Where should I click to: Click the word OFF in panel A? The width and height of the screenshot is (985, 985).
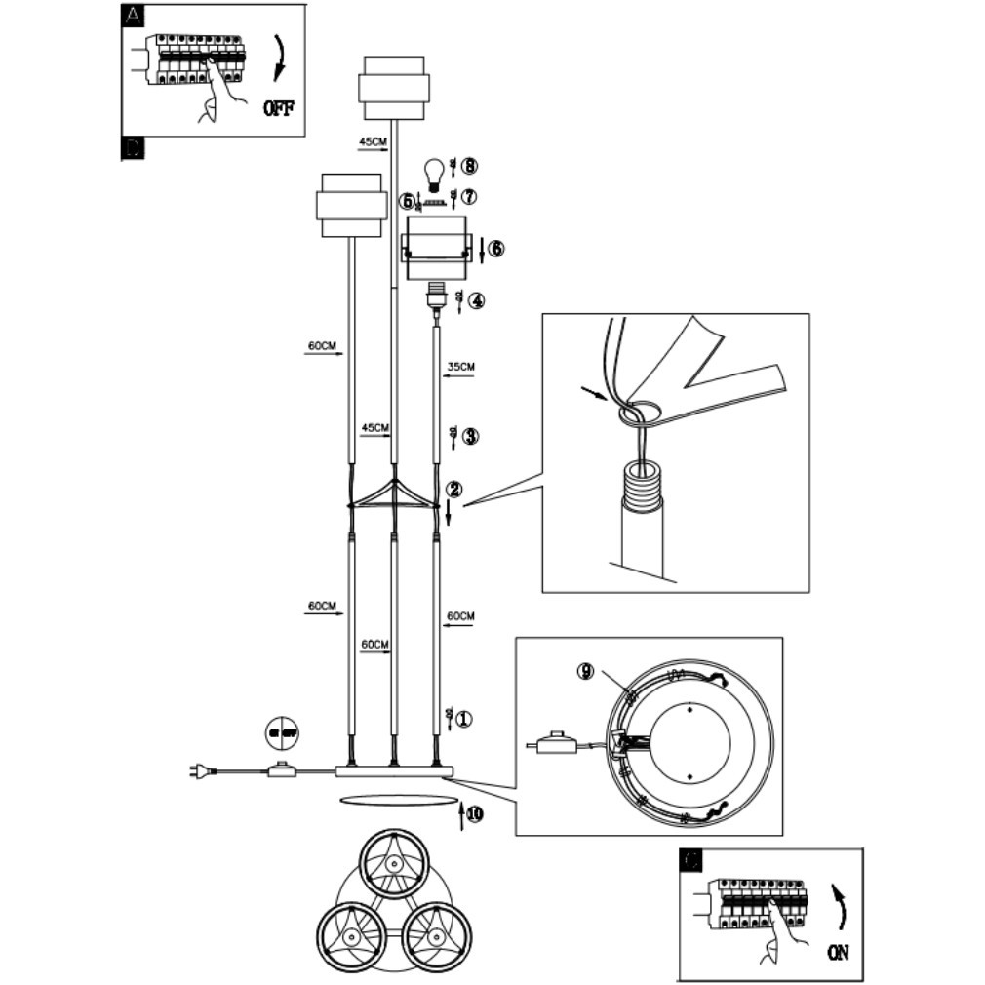click(278, 107)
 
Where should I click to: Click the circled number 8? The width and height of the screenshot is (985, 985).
click(470, 166)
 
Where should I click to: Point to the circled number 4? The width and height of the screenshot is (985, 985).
click(475, 301)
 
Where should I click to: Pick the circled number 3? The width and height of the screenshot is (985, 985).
click(470, 436)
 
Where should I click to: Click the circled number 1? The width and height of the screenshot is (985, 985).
click(464, 719)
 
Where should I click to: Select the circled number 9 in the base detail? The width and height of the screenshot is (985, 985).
click(585, 671)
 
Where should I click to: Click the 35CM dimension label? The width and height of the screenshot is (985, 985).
click(460, 367)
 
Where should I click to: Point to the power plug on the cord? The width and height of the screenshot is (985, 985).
click(199, 772)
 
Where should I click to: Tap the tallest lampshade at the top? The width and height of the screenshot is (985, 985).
click(392, 88)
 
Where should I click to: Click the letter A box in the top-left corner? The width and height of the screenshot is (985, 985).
click(132, 16)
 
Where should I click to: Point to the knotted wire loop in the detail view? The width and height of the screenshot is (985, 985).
click(636, 413)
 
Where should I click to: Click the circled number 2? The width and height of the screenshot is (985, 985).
click(453, 489)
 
